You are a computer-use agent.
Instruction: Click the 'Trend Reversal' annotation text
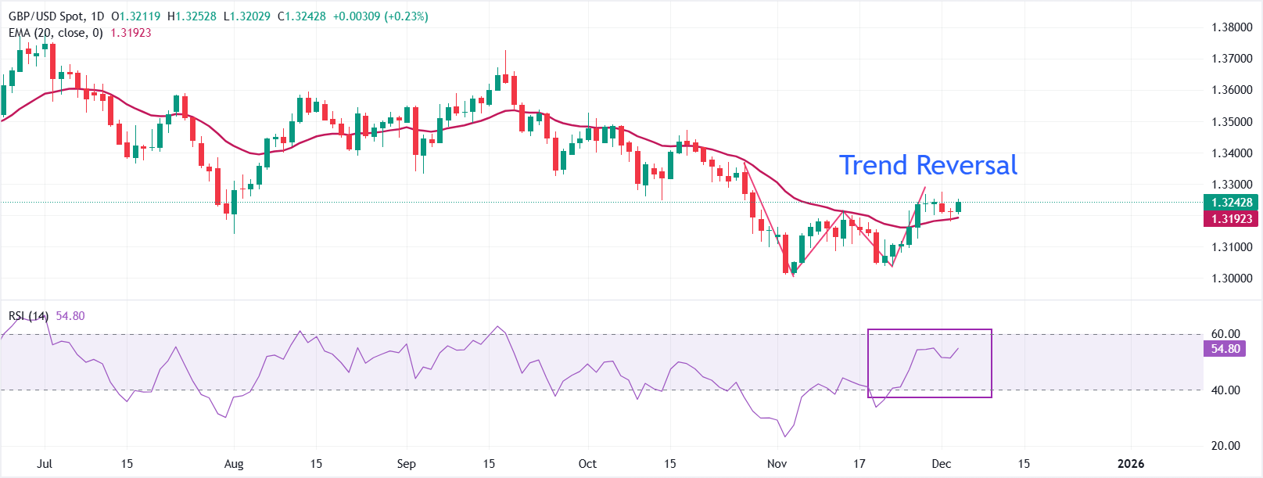pos(928,165)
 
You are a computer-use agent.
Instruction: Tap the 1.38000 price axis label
pos(1232,27)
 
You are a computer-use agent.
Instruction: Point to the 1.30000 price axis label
pos(1232,279)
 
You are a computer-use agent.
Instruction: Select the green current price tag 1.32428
pos(1232,203)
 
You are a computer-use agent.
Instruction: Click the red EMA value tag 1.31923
pos(1232,219)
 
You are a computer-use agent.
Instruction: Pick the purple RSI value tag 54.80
pos(1225,349)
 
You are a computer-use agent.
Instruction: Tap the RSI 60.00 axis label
pos(1225,334)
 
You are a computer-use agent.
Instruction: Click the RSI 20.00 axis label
pos(1225,446)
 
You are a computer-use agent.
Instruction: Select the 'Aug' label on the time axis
pos(234,464)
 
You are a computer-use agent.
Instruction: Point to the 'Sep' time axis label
pos(406,464)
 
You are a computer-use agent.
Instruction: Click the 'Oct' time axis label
pos(587,464)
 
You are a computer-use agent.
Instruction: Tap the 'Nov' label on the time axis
pos(777,464)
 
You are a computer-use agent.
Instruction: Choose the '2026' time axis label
pos(1130,464)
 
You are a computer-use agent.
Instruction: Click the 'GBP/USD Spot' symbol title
pos(45,16)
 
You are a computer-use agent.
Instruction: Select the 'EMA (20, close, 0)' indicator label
pos(56,33)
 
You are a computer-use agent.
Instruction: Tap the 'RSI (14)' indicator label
pos(28,316)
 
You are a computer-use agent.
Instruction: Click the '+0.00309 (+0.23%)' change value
pos(380,16)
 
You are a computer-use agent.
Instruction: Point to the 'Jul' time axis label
pos(45,464)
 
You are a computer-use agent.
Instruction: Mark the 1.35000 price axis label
pos(1232,122)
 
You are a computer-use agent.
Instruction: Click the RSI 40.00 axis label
pos(1225,390)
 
